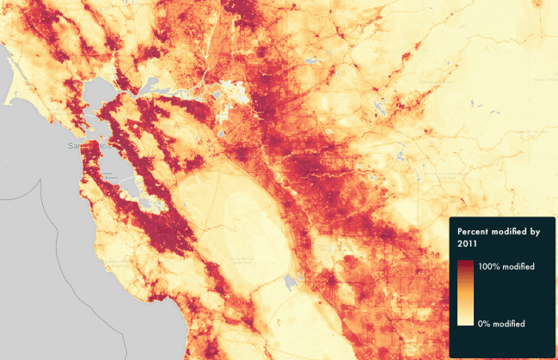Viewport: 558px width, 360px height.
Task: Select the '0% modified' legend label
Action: [x=505, y=323]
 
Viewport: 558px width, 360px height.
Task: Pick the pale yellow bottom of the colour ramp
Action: [x=465, y=322]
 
